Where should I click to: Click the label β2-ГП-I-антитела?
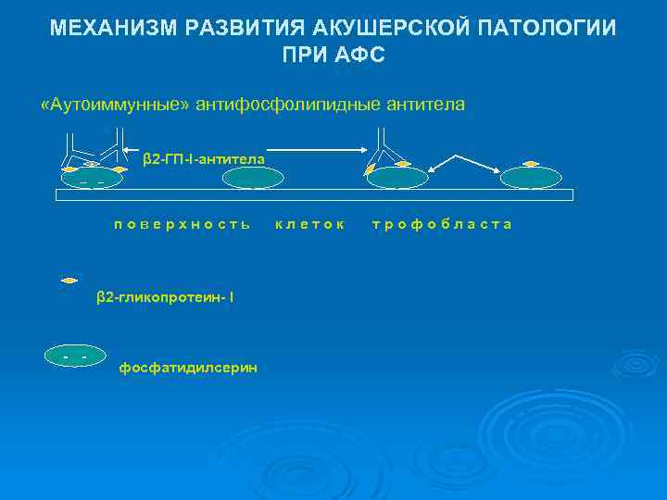click(204, 159)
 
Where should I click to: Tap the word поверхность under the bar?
click(182, 224)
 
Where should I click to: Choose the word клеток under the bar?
click(310, 224)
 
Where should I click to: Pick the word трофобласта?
click(442, 224)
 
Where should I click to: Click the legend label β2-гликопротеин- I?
click(166, 297)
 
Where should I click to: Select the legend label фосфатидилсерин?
click(189, 368)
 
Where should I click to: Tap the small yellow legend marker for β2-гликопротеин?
click(69, 279)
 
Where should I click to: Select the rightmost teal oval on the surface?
click(531, 178)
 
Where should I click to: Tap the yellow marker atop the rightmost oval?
click(531, 164)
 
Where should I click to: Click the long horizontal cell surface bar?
click(315, 194)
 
